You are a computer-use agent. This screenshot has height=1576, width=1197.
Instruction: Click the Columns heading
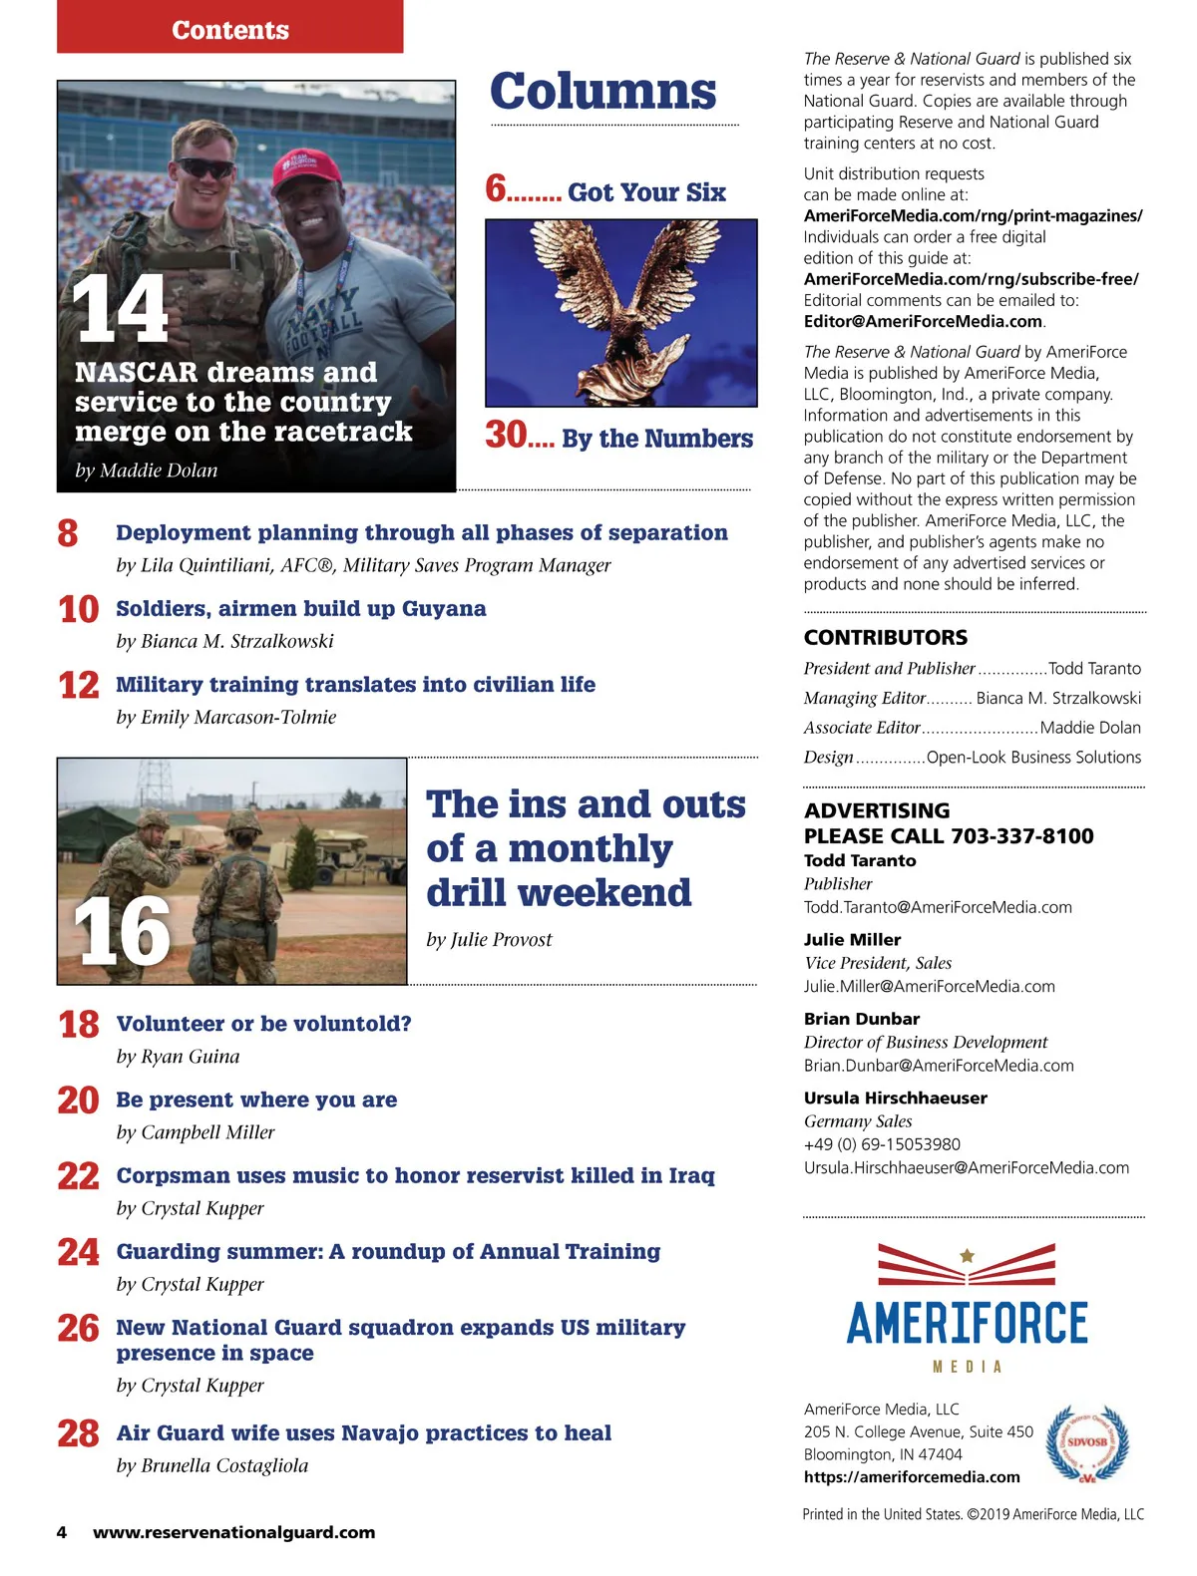coord(602,92)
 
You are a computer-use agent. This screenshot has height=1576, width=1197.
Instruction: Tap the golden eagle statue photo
coord(620,312)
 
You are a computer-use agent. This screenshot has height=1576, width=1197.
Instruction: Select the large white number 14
coord(121,310)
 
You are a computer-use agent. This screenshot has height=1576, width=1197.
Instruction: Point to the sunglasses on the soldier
coord(204,167)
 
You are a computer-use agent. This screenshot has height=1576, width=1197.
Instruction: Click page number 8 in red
coord(68,534)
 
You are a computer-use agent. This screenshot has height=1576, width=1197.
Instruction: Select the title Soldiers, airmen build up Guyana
coord(301,608)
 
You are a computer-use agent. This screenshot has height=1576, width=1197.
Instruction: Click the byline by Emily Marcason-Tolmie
coord(226,717)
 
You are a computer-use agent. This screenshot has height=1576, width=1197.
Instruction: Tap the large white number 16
coord(122,932)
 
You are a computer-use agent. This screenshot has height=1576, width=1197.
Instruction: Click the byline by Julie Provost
coord(489,939)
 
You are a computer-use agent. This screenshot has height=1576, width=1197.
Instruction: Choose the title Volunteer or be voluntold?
coord(264,1024)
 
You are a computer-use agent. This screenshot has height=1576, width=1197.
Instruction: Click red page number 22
coord(78,1176)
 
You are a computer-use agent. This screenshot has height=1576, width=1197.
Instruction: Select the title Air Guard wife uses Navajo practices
coord(364,1432)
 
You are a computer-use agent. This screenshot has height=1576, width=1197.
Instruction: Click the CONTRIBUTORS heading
coord(886,637)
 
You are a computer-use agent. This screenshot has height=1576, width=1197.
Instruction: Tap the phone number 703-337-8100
coord(1022,835)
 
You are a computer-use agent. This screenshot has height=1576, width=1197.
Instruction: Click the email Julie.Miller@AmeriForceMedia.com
coord(929,986)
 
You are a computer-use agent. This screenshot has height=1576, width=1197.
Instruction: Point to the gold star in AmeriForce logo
coord(967,1256)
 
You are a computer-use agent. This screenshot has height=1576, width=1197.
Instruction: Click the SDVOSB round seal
coord(1087,1442)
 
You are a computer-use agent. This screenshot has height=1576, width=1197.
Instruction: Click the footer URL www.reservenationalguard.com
coord(234,1532)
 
